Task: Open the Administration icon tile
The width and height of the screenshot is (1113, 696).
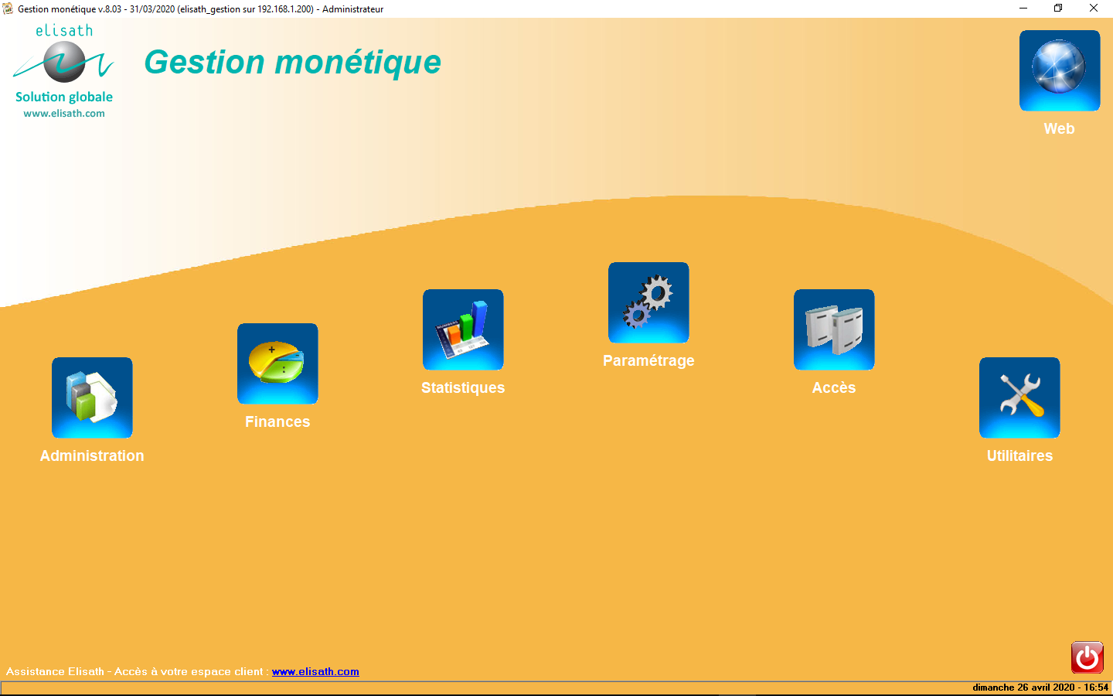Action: pos(92,397)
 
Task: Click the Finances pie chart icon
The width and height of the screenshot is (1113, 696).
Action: pos(277,363)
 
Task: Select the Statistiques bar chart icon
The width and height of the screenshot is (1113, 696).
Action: pos(463,329)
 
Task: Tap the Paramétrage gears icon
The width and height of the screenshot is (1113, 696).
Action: pos(648,302)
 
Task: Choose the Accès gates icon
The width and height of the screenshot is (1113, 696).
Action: pos(834,329)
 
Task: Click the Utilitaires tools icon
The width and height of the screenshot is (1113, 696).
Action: pos(1019,397)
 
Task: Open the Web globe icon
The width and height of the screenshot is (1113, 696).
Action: pos(1060,70)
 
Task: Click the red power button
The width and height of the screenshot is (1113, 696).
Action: pos(1087,657)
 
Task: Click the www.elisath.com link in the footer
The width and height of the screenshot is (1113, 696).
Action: pos(315,671)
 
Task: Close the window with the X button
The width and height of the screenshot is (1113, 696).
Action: pos(1094,9)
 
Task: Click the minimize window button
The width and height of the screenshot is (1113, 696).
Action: pos(1023,9)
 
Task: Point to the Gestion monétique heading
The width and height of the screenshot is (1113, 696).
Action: pos(293,62)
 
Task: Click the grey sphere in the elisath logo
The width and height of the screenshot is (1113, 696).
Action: pos(64,62)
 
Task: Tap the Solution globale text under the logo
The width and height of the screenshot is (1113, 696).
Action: pos(64,97)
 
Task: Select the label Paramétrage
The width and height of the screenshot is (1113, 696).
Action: pos(648,360)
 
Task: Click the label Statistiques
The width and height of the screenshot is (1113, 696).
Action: pos(463,387)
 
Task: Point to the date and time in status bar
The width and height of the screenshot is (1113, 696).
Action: pos(1040,687)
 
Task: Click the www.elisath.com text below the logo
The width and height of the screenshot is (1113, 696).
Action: pos(64,114)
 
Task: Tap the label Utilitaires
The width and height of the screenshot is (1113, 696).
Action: pos(1019,455)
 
